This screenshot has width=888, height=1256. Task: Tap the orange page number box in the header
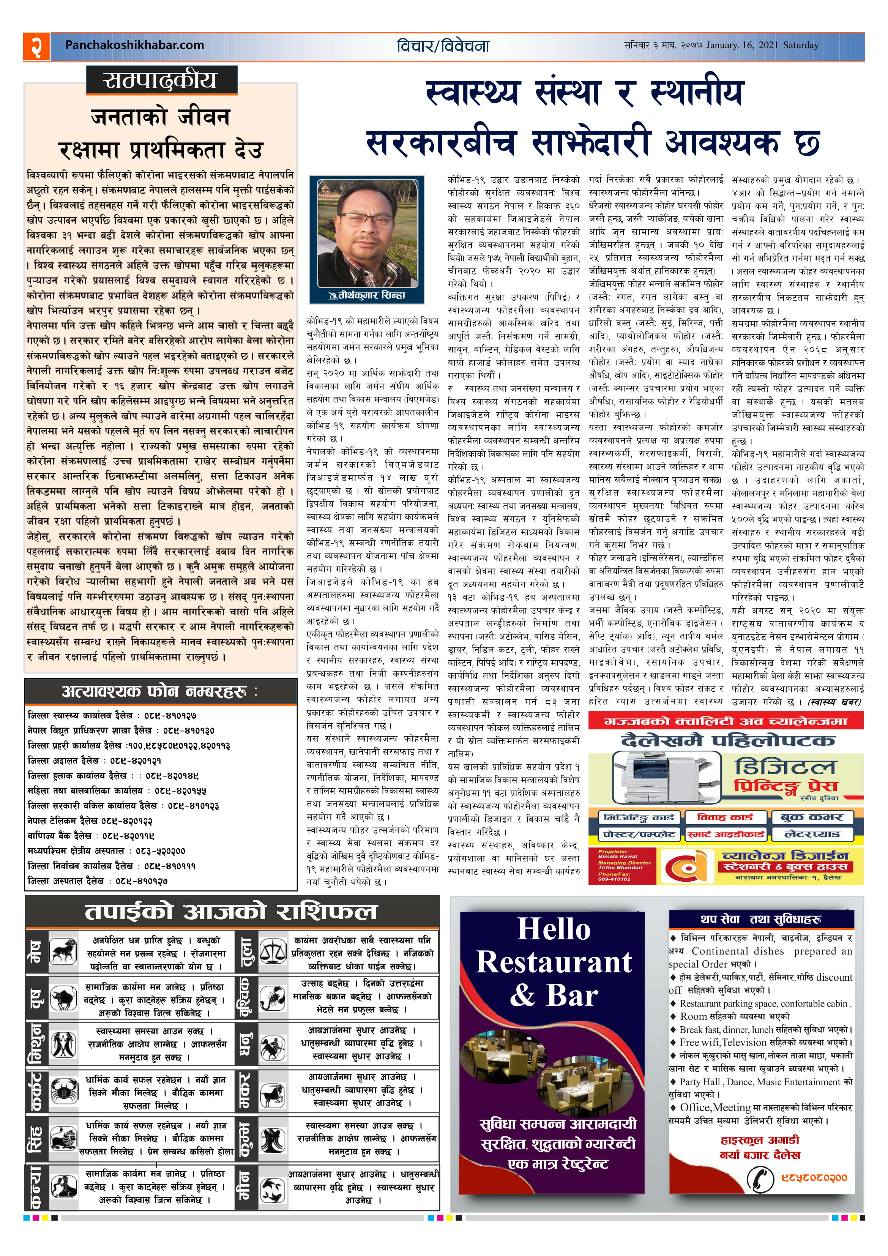pyautogui.click(x=36, y=46)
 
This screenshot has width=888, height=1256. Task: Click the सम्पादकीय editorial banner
pyautogui.click(x=161, y=80)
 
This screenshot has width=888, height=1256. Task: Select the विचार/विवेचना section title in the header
pyautogui.click(x=443, y=46)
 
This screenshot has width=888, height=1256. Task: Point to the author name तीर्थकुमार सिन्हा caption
pyautogui.click(x=367, y=295)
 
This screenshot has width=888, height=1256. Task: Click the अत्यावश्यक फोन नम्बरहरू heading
pyautogui.click(x=159, y=691)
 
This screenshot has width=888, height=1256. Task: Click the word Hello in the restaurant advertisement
pyautogui.click(x=554, y=929)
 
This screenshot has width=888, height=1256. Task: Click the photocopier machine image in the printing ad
pyautogui.click(x=651, y=776)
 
